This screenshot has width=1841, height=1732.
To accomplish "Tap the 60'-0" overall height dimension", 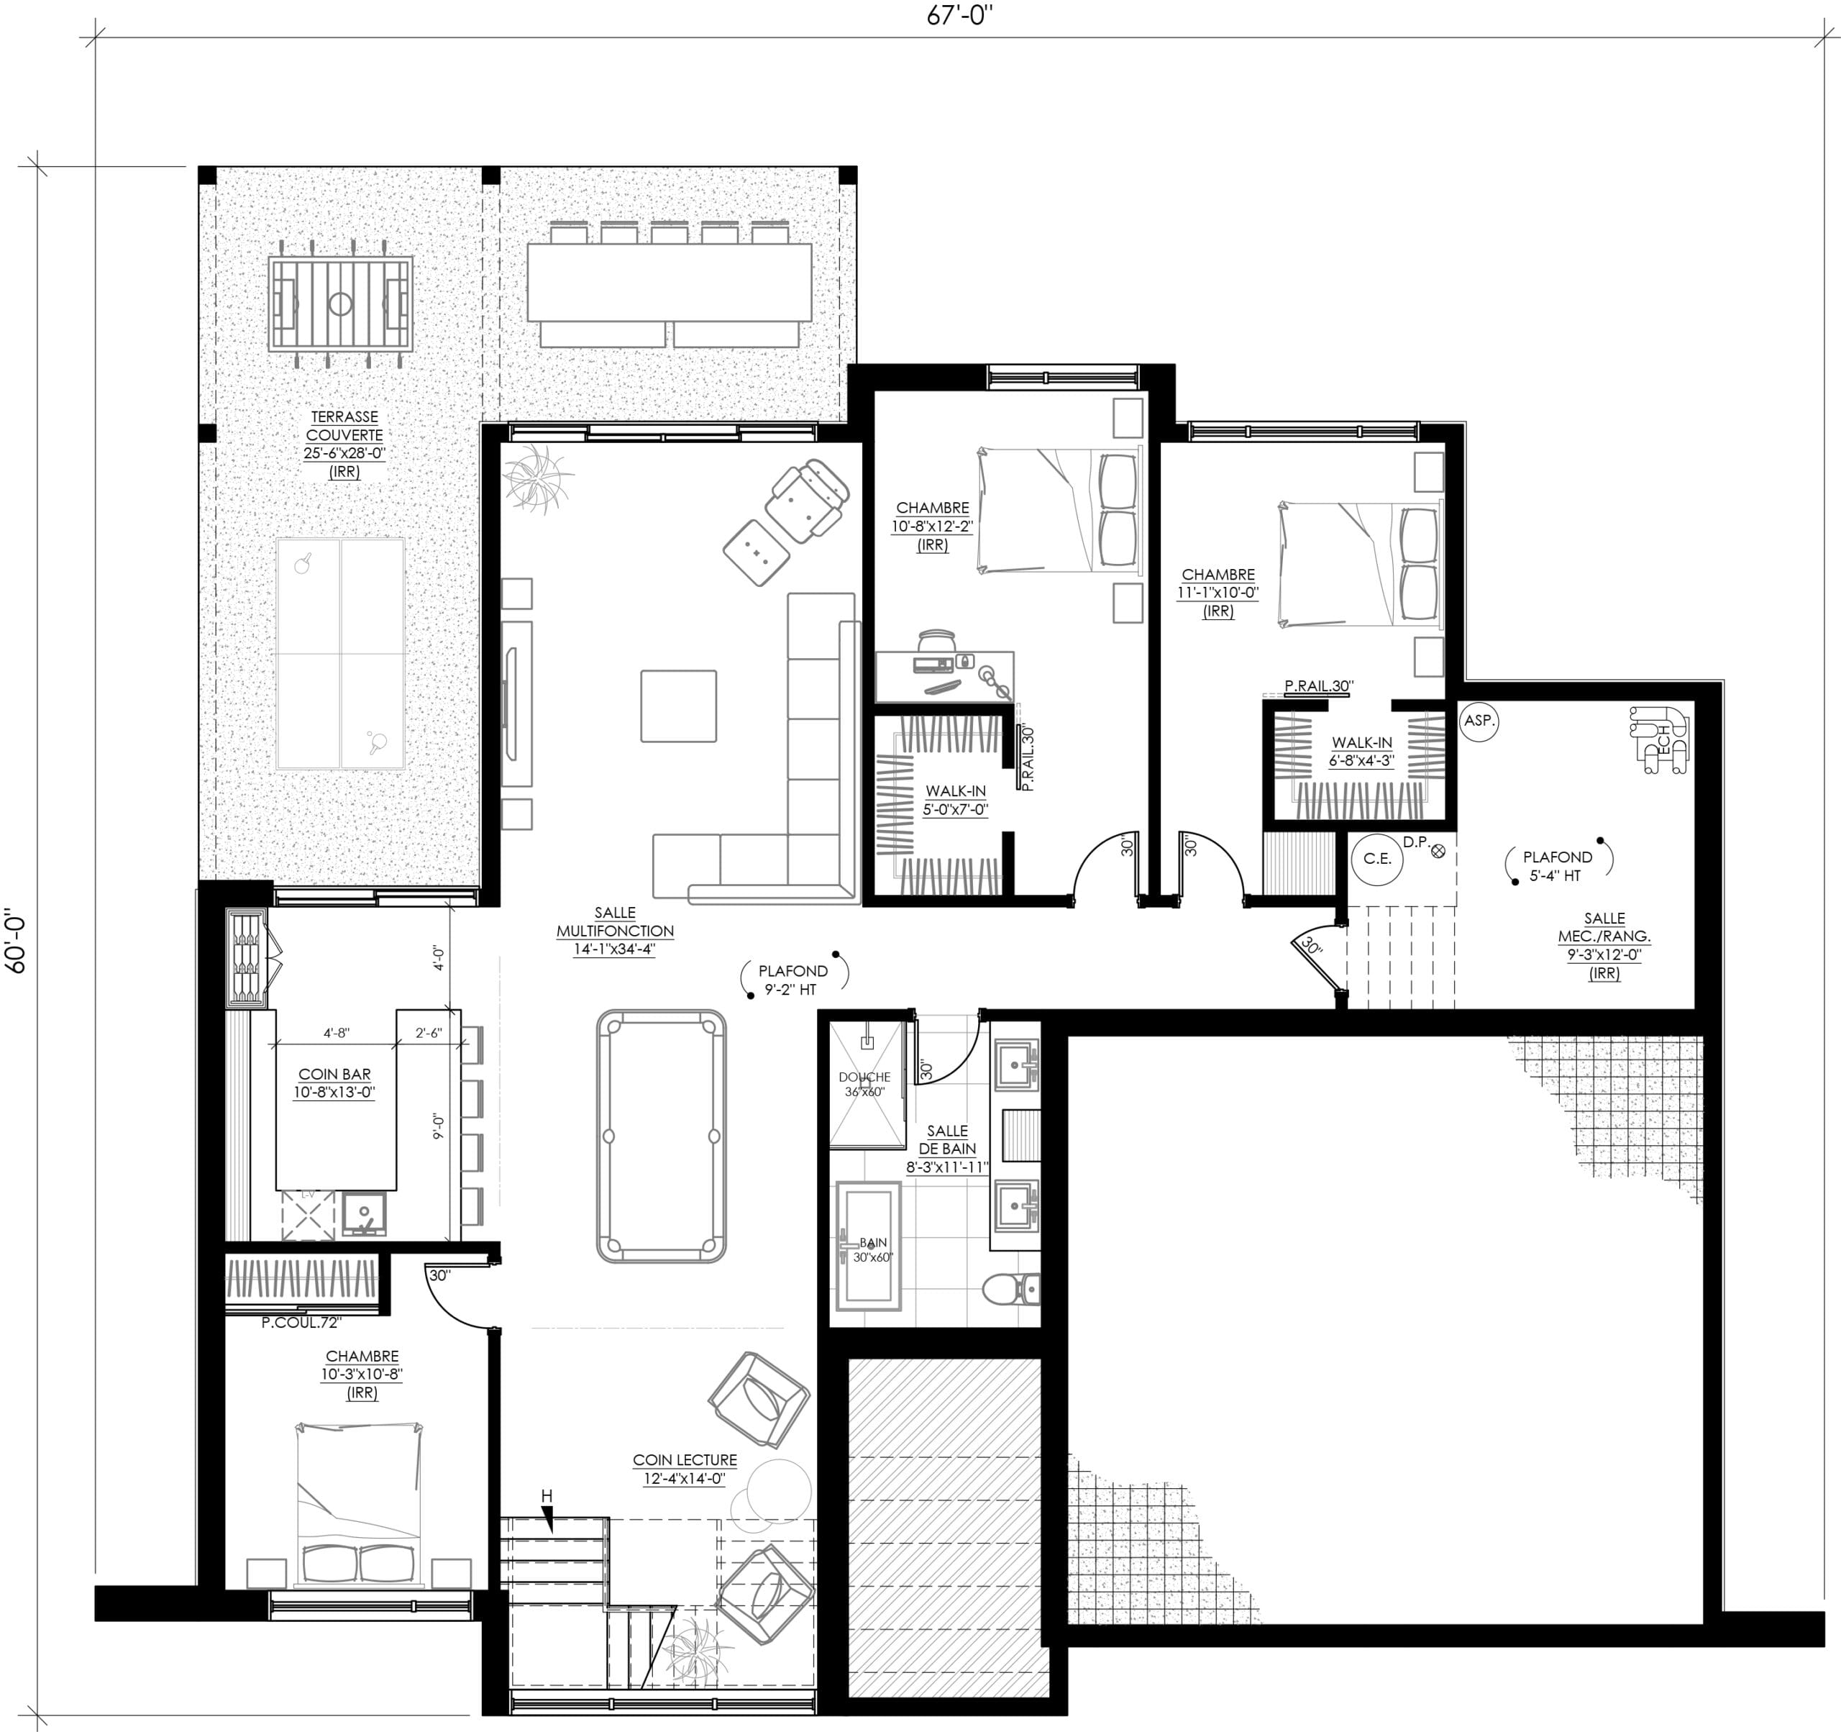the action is pyautogui.click(x=16, y=939).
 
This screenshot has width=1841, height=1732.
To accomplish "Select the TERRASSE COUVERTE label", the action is pyautogui.click(x=344, y=426).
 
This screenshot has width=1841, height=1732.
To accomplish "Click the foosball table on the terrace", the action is pyautogui.click(x=341, y=304).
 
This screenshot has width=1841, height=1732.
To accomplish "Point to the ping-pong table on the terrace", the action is pyautogui.click(x=341, y=654).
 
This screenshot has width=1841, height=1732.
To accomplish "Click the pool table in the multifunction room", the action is pyautogui.click(x=660, y=1136).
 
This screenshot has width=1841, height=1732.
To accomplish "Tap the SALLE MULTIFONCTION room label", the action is pyautogui.click(x=615, y=921).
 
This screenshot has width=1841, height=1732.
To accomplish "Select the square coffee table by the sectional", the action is pyautogui.click(x=679, y=706).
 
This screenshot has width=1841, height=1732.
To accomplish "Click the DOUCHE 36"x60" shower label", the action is pyautogui.click(x=865, y=1085).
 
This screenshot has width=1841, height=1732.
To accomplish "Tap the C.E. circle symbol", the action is pyautogui.click(x=1377, y=859).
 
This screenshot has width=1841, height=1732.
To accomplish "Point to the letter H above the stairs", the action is pyautogui.click(x=547, y=1496).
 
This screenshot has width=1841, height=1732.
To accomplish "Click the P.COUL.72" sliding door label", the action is pyautogui.click(x=302, y=1323).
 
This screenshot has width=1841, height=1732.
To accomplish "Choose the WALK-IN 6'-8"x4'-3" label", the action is pyautogui.click(x=1361, y=751).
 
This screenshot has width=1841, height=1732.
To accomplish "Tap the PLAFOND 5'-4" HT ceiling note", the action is pyautogui.click(x=1558, y=866).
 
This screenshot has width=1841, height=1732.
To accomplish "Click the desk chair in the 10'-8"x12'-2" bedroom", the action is pyautogui.click(x=937, y=640).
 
